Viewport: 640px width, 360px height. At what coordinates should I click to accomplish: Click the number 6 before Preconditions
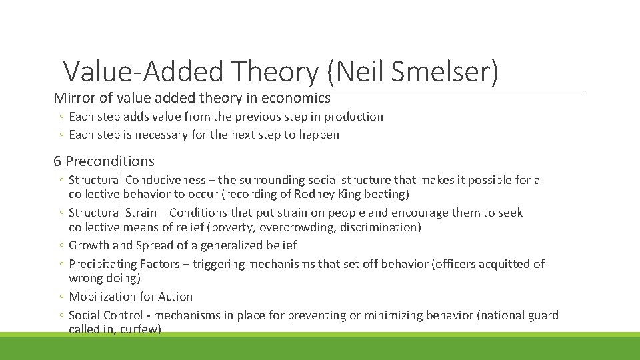(57, 161)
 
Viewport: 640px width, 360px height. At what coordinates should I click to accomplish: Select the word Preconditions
(110, 161)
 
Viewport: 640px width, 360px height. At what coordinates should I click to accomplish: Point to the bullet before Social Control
(61, 315)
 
